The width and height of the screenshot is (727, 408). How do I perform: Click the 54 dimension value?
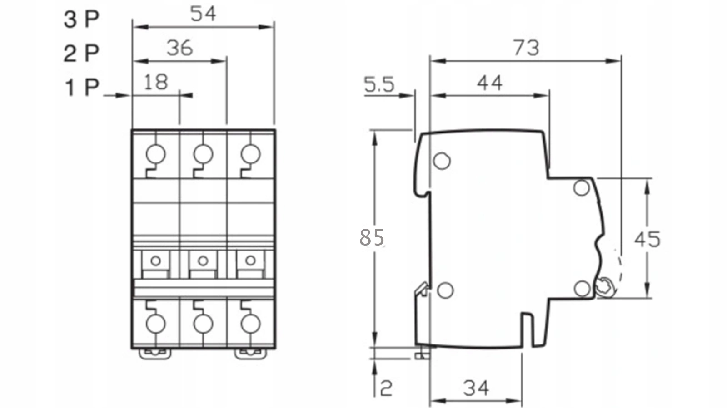pos(203,14)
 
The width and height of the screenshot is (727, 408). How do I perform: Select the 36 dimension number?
pos(180,48)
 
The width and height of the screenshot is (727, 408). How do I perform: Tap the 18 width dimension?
pos(156,82)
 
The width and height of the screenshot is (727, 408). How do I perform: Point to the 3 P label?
pos(81,20)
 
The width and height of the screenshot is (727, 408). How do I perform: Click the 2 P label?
pos(81,54)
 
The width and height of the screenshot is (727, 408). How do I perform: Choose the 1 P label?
pos(82,88)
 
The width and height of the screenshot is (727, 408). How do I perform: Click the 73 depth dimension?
pos(526,48)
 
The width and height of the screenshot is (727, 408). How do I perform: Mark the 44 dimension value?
pos(490,83)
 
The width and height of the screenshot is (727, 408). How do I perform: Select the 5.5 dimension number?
pos(379,84)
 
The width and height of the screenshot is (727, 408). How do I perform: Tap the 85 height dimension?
pos(372,237)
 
